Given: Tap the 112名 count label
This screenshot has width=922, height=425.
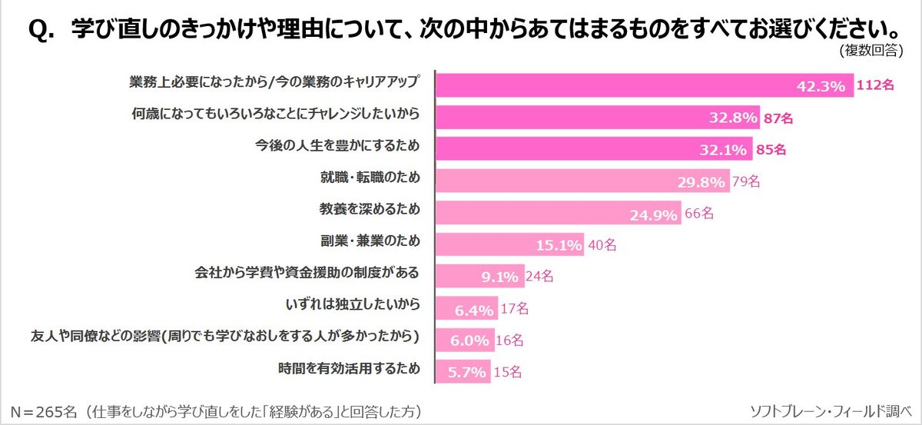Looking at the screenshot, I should coord(876,86).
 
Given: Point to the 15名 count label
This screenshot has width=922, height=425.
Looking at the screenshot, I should coord(507,372).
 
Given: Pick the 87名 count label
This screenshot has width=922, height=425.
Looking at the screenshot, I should coord(778,118).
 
